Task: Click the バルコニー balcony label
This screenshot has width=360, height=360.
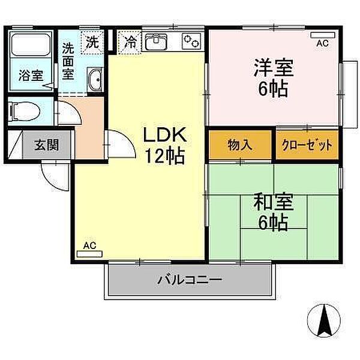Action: click(190, 280)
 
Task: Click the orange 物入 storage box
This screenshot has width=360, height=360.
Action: click(240, 145)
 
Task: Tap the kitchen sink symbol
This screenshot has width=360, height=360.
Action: click(158, 43)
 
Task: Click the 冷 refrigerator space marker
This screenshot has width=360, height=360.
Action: click(130, 42)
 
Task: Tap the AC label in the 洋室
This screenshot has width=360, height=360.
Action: click(322, 43)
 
